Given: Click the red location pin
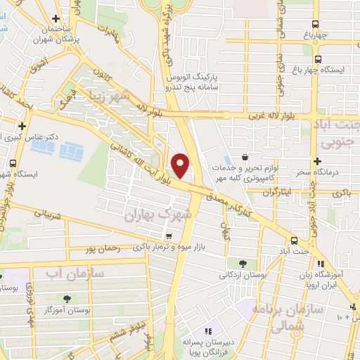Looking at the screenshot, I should tap(181, 165).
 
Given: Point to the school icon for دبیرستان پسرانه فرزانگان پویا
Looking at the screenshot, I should tap(207, 331).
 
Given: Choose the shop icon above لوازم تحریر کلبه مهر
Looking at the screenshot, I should tap(245, 157).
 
